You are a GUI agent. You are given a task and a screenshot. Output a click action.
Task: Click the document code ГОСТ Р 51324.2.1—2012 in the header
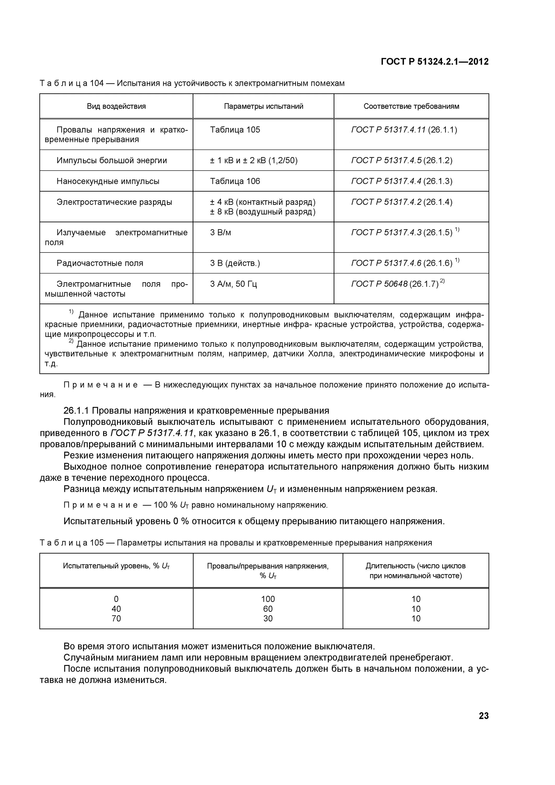tap(434, 62)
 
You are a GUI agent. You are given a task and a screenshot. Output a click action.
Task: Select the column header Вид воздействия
tap(116, 106)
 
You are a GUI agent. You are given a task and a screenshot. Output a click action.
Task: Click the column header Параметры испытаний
tap(263, 106)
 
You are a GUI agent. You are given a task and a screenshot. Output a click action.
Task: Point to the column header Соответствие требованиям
tap(411, 106)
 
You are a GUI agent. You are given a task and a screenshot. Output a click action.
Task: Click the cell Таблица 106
tap(235, 181)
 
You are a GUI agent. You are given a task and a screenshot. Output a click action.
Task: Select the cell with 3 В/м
tap(221, 233)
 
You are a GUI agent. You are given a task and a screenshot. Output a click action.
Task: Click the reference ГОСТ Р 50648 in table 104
tap(379, 284)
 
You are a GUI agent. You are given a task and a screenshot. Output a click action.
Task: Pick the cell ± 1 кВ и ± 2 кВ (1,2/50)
tap(254, 160)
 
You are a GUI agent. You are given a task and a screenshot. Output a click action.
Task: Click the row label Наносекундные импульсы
tap(108, 181)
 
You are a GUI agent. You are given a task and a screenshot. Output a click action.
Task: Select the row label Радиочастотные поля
tap(100, 263)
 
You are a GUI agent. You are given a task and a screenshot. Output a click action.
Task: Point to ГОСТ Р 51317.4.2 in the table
tap(386, 202)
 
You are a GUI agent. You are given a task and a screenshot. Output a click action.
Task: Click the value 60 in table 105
tap(268, 609)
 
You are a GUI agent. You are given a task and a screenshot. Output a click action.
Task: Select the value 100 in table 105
tap(268, 599)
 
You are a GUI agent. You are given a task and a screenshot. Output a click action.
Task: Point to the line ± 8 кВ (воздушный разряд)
tap(263, 212)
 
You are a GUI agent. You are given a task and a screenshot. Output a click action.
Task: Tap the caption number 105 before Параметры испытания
tap(97, 543)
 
